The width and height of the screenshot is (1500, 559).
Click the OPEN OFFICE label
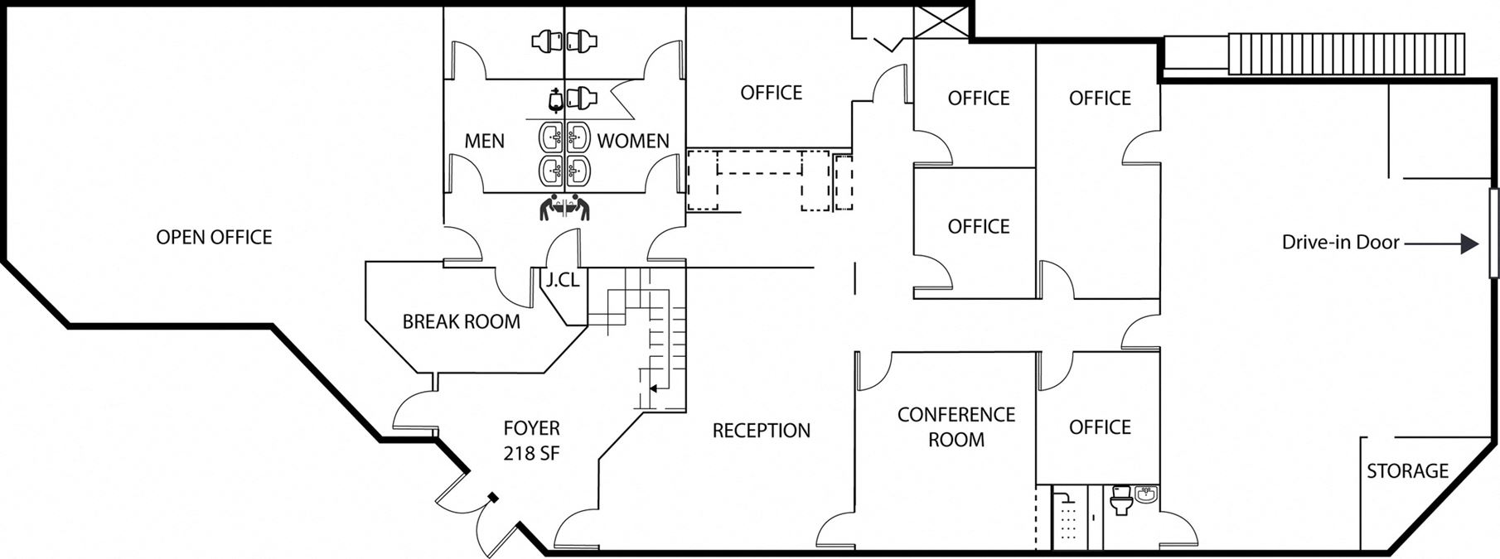[x=214, y=238]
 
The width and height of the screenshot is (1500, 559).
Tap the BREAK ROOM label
[x=462, y=321]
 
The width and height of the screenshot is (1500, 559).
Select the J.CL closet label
[x=563, y=281]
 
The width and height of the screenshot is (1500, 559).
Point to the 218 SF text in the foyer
[x=531, y=453]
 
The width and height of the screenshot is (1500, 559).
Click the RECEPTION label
[x=762, y=431]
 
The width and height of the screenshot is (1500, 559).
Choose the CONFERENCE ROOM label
[x=956, y=426]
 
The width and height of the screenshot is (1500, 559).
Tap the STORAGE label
[x=1407, y=471]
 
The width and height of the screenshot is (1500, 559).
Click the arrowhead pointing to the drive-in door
[x=1469, y=243]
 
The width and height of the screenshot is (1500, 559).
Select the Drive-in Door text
[x=1341, y=243]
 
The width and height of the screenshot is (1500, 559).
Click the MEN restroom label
[x=485, y=142]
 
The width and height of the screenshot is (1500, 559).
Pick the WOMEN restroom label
[x=633, y=142]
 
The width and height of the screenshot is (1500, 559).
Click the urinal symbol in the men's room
[x=555, y=99]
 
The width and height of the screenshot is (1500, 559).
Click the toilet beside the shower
[x=1121, y=500]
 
